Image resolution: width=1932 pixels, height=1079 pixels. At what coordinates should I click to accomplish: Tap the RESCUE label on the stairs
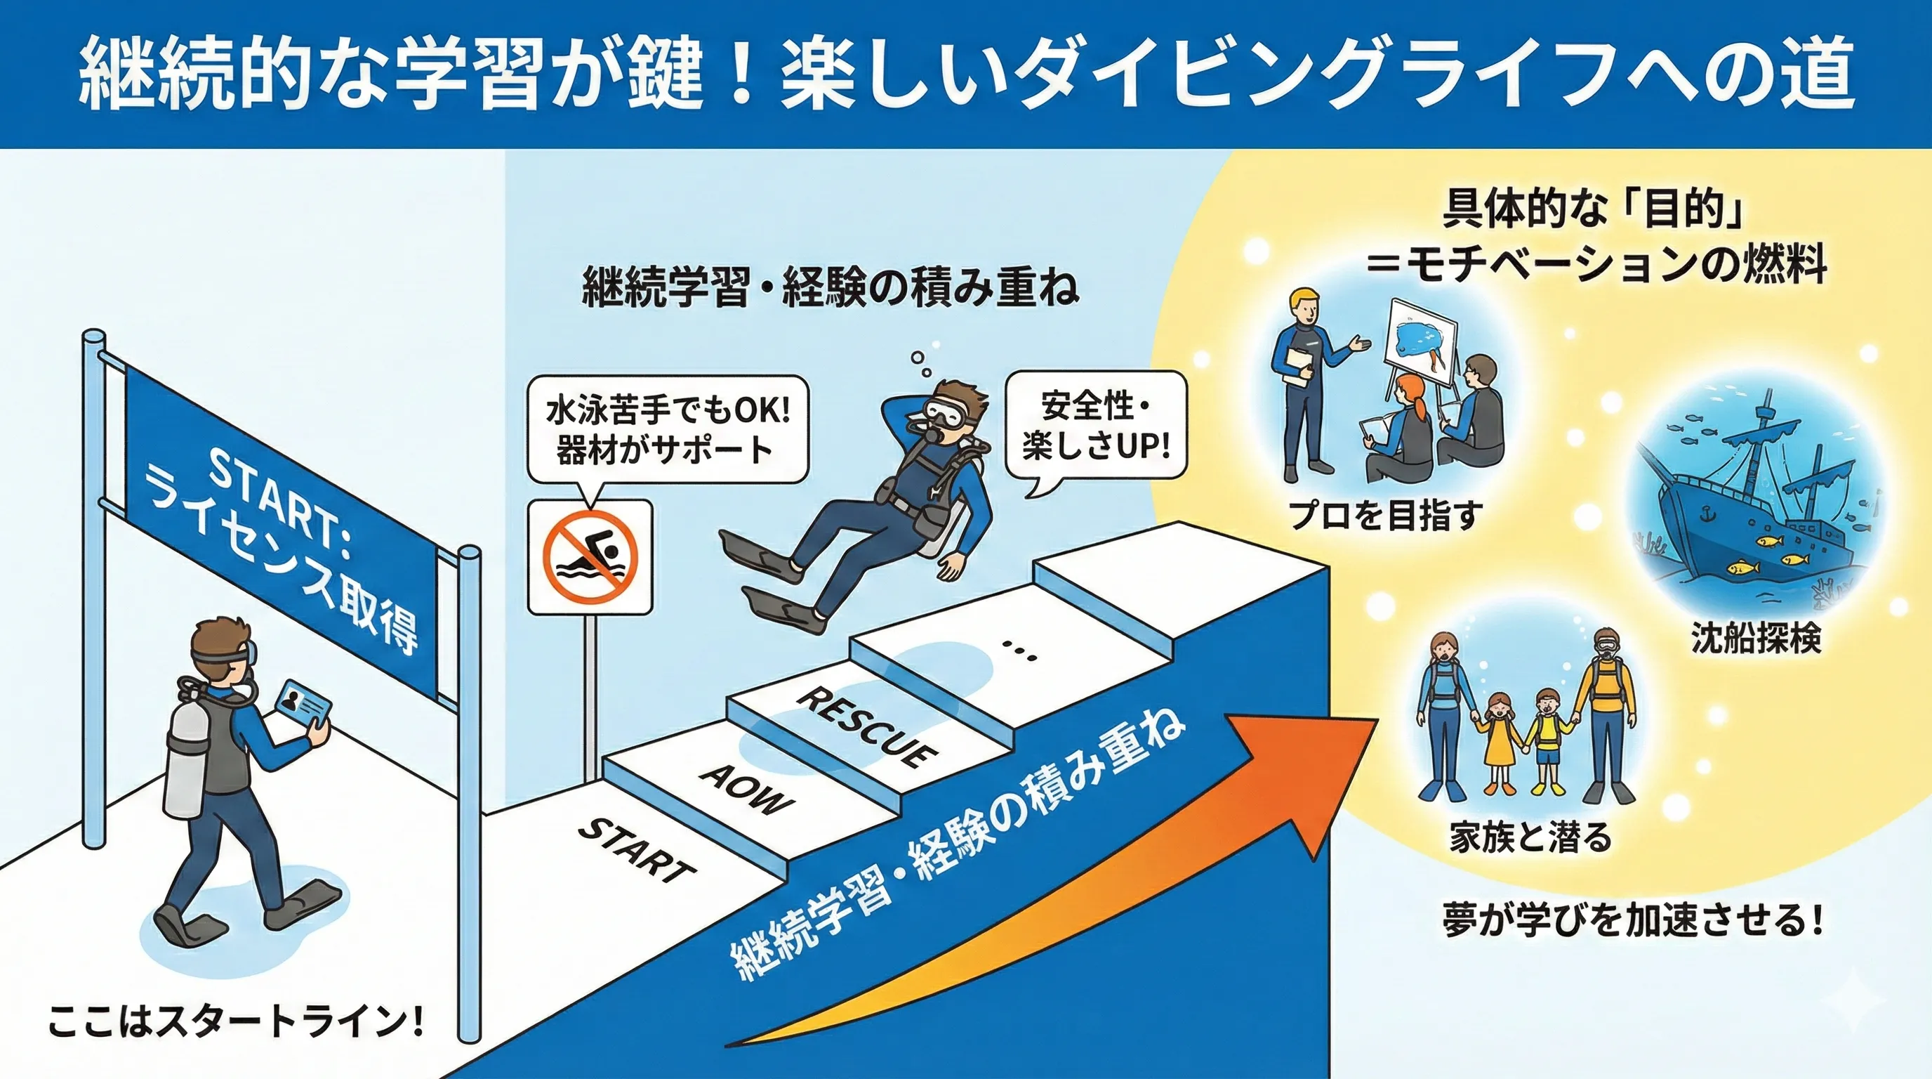[866, 726]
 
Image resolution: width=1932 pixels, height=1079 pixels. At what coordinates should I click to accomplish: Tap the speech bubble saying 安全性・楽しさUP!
[1096, 427]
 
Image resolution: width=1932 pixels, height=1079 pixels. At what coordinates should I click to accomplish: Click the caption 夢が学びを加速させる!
[1633, 922]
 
